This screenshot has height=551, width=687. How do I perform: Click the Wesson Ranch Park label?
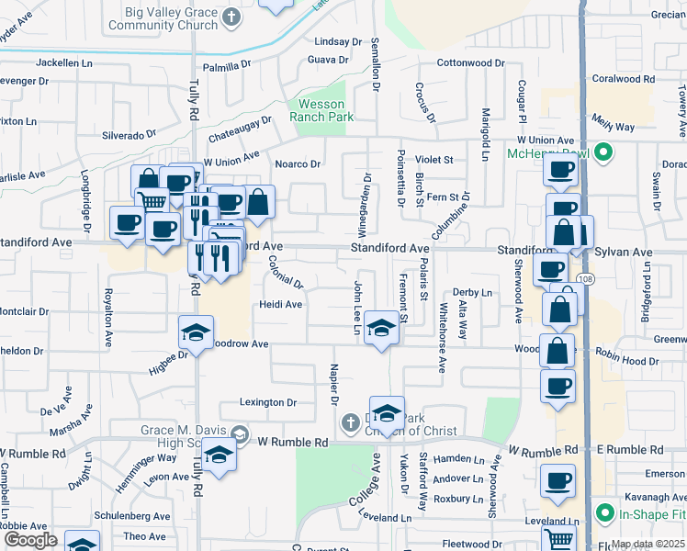click(x=321, y=111)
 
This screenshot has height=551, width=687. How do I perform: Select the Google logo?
click(x=30, y=540)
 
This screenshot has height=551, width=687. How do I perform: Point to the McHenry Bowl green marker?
click(x=603, y=152)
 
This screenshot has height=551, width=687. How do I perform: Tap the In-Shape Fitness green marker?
click(x=603, y=512)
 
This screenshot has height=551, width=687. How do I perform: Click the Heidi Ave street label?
click(x=280, y=304)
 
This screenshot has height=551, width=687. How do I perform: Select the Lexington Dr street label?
click(x=268, y=402)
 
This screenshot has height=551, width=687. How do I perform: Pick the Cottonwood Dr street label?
click(x=471, y=62)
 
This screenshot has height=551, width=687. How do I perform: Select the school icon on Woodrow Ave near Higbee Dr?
click(x=196, y=333)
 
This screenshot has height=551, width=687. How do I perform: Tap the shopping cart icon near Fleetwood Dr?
click(x=559, y=541)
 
